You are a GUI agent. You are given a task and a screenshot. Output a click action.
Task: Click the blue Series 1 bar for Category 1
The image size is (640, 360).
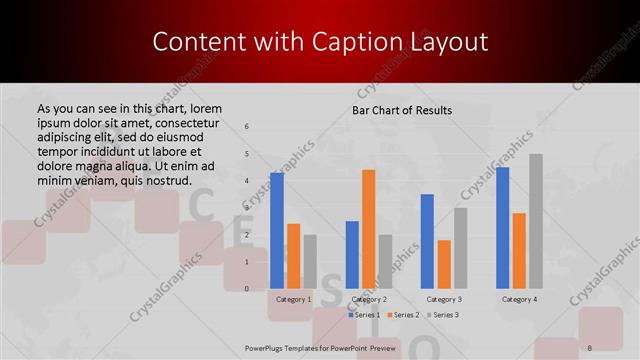(x=277, y=231)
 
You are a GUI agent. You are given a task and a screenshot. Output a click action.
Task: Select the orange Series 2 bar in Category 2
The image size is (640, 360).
(x=368, y=229)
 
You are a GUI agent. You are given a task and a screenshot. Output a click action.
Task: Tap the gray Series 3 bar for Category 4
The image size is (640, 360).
(x=535, y=221)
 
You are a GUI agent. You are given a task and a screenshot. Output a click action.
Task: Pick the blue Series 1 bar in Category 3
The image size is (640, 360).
(x=427, y=241)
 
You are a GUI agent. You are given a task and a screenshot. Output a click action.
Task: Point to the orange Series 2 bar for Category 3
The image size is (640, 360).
(x=444, y=264)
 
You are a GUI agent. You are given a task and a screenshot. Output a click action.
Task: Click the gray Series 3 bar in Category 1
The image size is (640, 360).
(x=310, y=262)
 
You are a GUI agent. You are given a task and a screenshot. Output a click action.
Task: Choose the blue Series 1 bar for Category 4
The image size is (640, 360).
(x=502, y=228)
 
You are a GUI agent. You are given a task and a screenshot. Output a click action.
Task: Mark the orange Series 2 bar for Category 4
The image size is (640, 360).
(x=519, y=251)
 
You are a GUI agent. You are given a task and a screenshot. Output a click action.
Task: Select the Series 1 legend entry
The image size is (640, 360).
(x=366, y=315)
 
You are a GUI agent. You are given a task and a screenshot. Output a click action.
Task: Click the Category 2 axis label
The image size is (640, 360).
(x=369, y=299)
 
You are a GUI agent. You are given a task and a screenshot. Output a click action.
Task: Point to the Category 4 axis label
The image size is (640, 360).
(x=519, y=299)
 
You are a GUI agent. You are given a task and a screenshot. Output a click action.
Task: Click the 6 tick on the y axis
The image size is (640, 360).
(x=247, y=127)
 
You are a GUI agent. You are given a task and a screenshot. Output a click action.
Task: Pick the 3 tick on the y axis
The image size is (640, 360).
(x=247, y=208)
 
